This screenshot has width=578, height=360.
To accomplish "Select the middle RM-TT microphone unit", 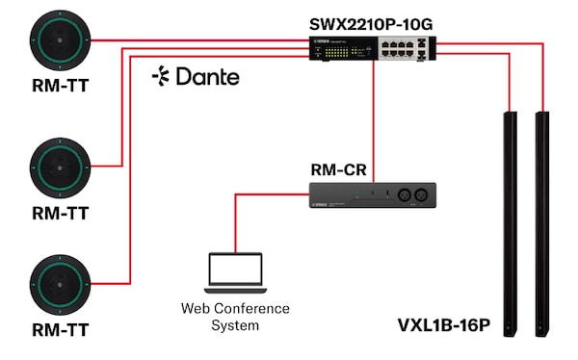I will click(x=60, y=166).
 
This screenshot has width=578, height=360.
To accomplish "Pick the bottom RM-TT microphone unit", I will click(x=60, y=284).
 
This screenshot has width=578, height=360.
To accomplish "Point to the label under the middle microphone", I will click(x=60, y=211).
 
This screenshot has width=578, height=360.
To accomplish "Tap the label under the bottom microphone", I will click(x=60, y=330).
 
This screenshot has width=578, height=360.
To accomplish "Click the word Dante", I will click(x=207, y=76).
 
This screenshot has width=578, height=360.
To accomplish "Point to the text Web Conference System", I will click(x=235, y=317).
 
